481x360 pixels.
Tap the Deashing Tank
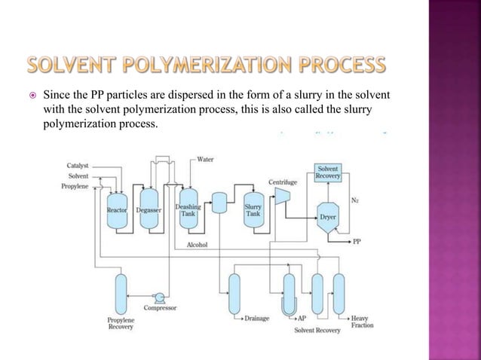click(x=187, y=211)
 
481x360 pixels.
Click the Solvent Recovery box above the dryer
click(x=328, y=171)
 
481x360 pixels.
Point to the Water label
click(x=205, y=159)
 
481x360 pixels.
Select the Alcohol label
click(x=197, y=245)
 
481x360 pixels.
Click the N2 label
click(x=354, y=200)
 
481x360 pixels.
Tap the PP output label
click(x=357, y=243)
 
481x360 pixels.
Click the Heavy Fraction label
click(x=361, y=322)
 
